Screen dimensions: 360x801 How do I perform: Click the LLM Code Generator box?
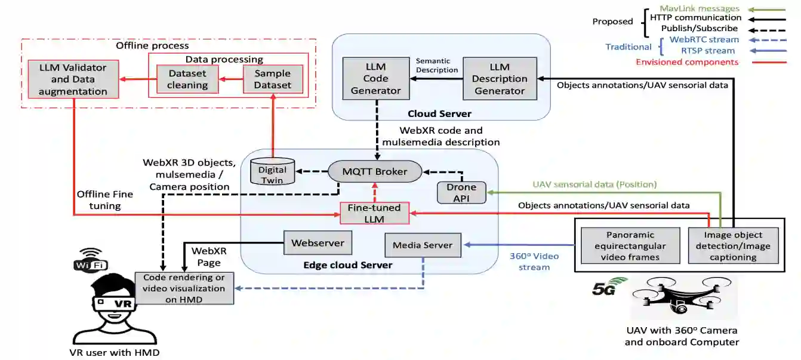pos(376,78)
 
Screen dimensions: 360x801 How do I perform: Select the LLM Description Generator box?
pos(500,78)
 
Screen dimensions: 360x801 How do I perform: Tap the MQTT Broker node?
pos(375,171)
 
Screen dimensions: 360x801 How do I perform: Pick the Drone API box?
pos(461,192)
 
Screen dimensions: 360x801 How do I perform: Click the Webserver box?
pos(318,243)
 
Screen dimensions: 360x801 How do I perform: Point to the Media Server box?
pos(423,245)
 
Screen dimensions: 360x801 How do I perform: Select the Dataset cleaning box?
pos(187,79)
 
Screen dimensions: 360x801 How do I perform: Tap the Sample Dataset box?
pos(273,79)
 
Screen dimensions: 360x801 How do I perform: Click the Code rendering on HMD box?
pos(184,288)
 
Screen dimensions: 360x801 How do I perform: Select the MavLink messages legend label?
pos(700,9)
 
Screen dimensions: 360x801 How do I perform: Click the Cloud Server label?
pos(439,113)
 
